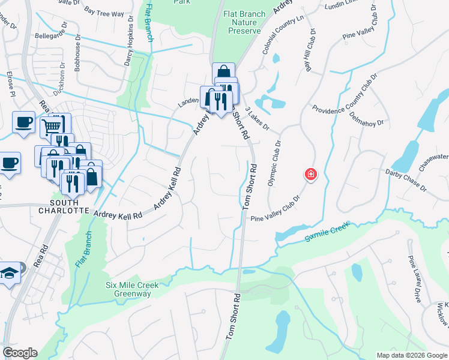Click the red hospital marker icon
click(x=310, y=175)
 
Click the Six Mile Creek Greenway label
click(x=132, y=290)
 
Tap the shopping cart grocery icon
click(x=52, y=127)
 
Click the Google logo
click(x=20, y=353)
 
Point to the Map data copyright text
click(x=412, y=355)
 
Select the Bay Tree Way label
click(x=104, y=11)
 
